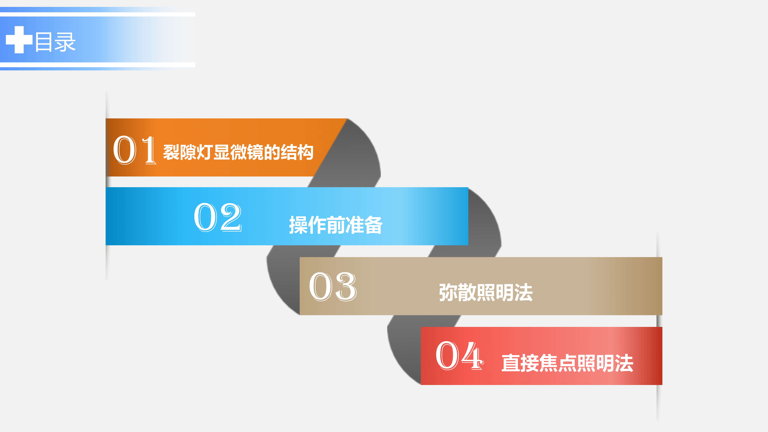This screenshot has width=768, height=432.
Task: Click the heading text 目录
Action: (x=55, y=42)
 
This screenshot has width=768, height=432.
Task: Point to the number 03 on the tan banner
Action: (x=333, y=286)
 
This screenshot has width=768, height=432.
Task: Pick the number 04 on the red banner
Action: (x=459, y=356)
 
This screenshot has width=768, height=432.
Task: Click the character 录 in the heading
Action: (x=65, y=42)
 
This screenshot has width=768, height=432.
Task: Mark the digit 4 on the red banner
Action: (x=472, y=356)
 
